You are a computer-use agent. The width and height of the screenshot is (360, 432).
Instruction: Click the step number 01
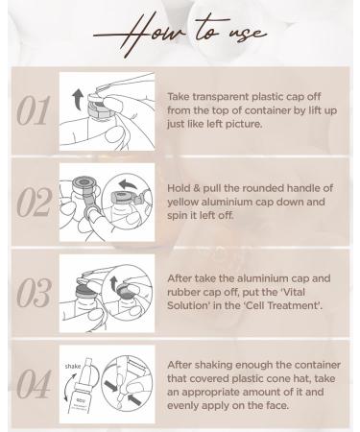coord(33,110)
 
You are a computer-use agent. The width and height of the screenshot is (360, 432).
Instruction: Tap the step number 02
coord(34,202)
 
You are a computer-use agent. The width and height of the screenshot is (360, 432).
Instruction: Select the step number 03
coord(34,293)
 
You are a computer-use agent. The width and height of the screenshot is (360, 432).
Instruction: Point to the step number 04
coord(34,384)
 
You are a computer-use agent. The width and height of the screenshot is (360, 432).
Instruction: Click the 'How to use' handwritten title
coord(180,33)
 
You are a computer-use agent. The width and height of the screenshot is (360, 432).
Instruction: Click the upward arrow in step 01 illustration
coord(77,99)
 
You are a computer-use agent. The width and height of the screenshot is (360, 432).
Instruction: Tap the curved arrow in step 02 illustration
coord(128,184)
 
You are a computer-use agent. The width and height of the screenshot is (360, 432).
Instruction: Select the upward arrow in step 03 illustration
coord(113,283)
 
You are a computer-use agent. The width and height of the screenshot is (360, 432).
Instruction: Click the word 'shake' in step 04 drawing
coord(73,366)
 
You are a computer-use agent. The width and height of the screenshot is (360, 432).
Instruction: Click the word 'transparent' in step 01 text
coord(221,97)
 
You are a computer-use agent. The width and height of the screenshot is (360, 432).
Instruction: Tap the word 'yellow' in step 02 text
coord(182,202)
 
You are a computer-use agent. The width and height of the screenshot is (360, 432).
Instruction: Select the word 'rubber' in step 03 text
coord(182,292)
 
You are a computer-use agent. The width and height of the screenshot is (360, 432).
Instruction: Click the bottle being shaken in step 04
coord(82,387)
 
